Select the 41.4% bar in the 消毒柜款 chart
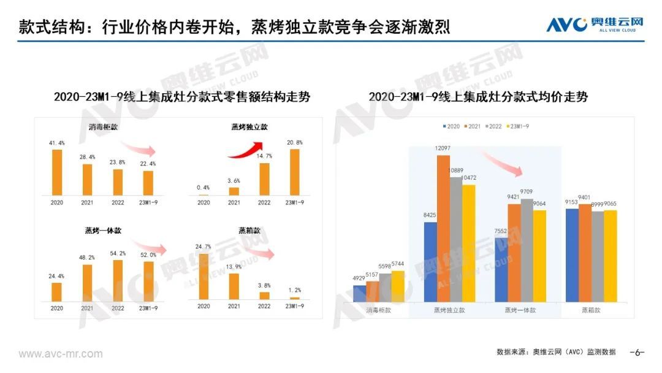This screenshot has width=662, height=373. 57,172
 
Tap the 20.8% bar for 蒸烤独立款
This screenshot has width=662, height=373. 294,172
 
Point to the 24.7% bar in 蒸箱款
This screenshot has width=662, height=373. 204,276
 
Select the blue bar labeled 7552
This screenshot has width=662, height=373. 501,269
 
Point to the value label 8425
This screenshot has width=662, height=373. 430,215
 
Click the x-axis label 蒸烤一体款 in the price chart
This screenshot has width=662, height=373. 520,310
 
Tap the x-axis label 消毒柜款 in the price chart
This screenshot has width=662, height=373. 379,310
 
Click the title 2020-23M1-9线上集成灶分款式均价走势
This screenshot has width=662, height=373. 478,97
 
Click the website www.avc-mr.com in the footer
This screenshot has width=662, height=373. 61,354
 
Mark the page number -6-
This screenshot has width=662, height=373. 637,352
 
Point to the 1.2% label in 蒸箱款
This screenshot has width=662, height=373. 294,290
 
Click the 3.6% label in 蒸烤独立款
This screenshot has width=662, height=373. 234,180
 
